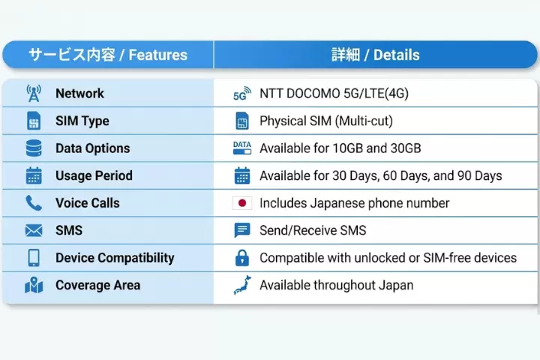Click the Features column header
tap(108, 55)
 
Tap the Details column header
tap(375, 55)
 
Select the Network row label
tap(79, 94)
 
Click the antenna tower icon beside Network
tap(34, 94)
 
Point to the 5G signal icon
tap(241, 94)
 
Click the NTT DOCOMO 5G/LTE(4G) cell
tap(334, 94)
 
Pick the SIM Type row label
tap(82, 121)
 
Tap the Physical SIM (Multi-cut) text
tap(325, 121)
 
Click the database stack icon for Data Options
tap(34, 148)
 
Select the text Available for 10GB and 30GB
tap(340, 148)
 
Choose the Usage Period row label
tap(94, 175)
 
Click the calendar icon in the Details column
tap(241, 175)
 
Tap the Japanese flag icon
tap(241, 203)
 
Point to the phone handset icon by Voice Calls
tap(34, 203)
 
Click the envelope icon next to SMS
tap(34, 230)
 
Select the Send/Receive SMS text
tap(313, 230)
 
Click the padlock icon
tap(241, 258)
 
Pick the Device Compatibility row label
tap(115, 258)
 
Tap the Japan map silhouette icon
tap(241, 285)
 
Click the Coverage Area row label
tap(97, 285)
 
